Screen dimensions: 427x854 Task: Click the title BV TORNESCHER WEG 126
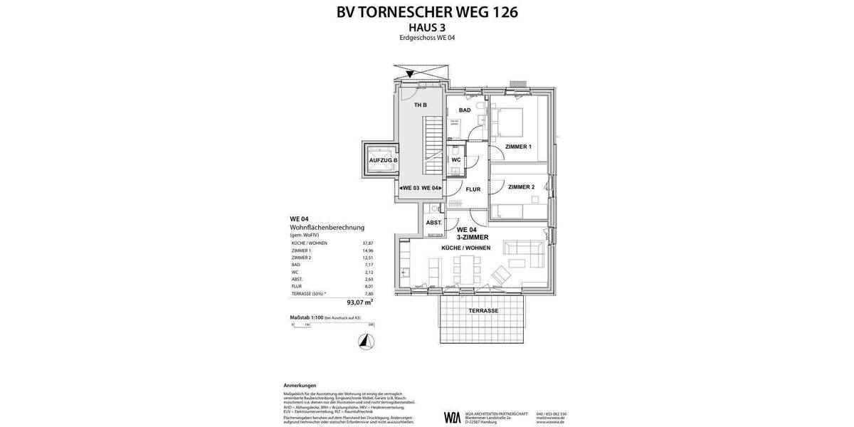[427, 12]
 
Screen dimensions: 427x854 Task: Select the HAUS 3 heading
[427, 27]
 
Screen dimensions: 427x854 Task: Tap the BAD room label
[465, 110]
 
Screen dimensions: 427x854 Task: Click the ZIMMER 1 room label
[518, 147]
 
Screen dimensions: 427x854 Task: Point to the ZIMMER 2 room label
[521, 187]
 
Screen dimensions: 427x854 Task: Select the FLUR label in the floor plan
[473, 189]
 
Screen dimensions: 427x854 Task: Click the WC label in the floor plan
[456, 160]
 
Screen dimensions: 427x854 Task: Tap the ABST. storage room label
[433, 223]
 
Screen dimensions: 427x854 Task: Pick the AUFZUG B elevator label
[383, 161]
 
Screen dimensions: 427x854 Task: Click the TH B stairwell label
[421, 105]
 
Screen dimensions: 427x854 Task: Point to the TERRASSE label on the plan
[483, 311]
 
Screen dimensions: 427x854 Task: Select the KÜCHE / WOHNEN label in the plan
[466, 248]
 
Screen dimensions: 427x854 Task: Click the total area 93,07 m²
[359, 302]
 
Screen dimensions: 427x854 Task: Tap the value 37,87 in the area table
[368, 243]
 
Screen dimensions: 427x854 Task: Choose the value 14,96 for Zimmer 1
[368, 251]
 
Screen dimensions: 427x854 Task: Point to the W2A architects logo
[452, 417]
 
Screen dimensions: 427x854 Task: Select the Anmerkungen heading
[300, 385]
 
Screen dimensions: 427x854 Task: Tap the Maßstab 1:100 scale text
[306, 317]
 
